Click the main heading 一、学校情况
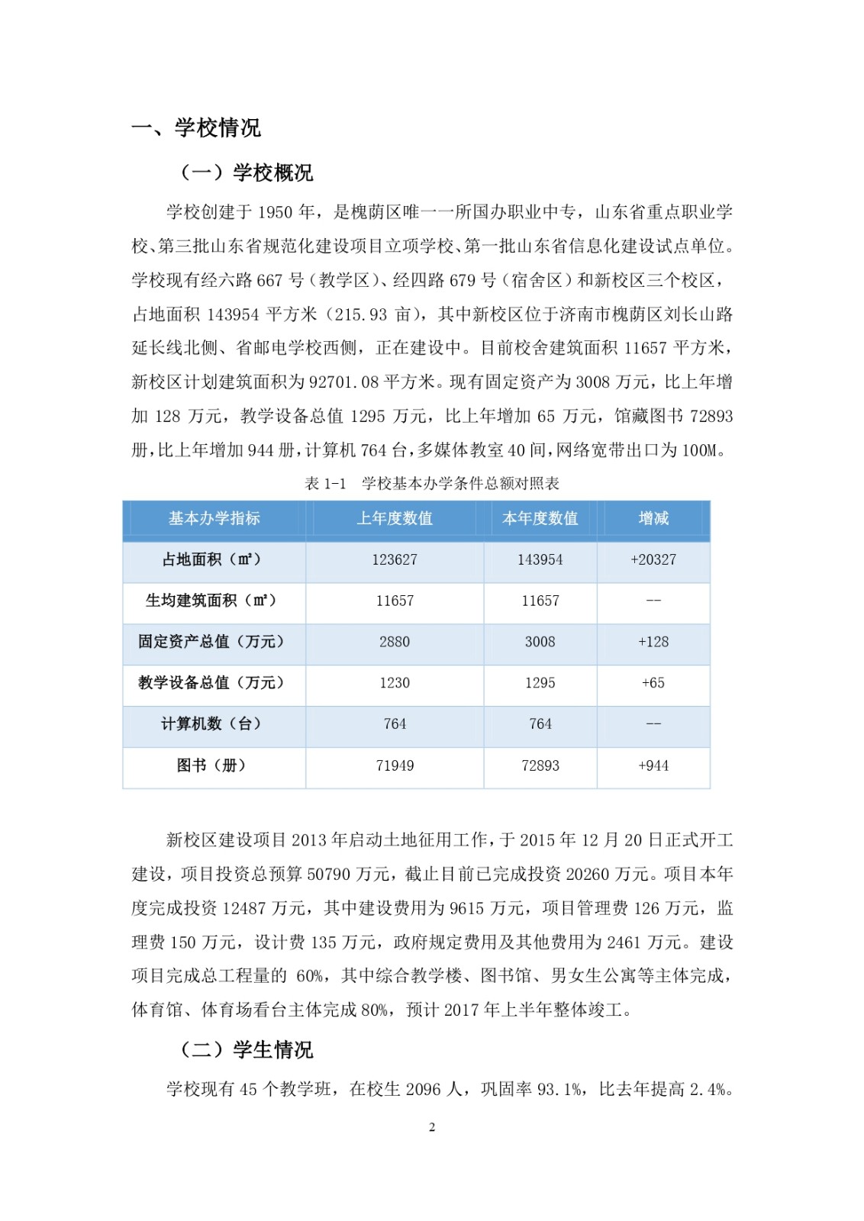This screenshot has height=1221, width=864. coord(196,127)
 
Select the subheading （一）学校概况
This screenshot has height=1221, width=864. coord(247,172)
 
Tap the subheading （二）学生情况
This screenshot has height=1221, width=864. coord(247,1049)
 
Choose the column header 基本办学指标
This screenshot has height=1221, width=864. coord(214,518)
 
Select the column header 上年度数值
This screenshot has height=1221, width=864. coord(395,518)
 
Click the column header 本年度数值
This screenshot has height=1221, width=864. coord(540,518)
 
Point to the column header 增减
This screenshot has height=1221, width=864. coord(653,518)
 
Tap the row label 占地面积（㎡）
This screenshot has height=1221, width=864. coord(211,559)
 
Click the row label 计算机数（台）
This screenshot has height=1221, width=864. coord(211,723)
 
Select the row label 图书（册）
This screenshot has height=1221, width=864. coord(211,765)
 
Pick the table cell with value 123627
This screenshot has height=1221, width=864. coord(395,559)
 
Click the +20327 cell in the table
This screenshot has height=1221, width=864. coord(653,559)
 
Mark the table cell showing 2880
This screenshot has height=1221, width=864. coord(395,642)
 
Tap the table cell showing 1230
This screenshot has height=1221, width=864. coord(395,683)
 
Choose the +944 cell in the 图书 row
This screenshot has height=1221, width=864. coord(653,765)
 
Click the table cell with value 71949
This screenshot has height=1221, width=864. coord(395,765)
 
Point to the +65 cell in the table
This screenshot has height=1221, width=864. coord(653,683)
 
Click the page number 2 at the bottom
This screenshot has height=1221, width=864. coord(432,1127)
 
